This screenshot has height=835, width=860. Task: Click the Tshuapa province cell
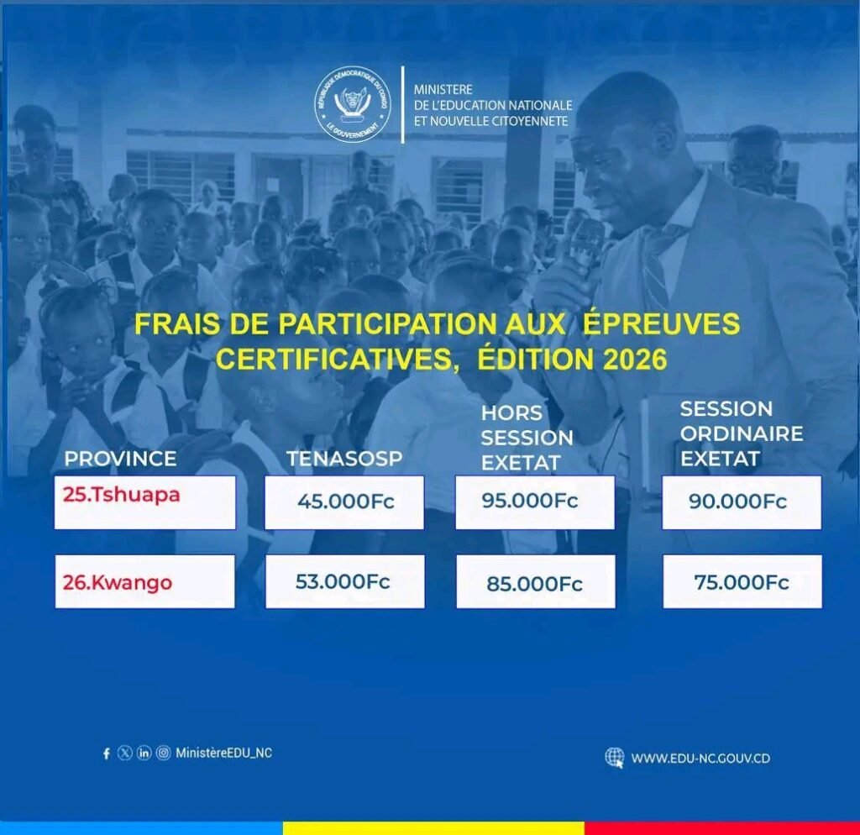[144, 502]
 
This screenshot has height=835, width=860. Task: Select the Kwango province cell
[144, 581]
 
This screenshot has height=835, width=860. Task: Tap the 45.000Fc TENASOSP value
[344, 502]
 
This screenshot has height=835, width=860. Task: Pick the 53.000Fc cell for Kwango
[345, 581]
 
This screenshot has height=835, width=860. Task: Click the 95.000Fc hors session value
[535, 502]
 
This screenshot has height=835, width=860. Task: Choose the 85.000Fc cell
[536, 581]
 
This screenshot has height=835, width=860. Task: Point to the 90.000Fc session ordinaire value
[742, 502]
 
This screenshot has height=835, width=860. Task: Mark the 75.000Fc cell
[742, 581]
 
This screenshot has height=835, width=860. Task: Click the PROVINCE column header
[120, 459]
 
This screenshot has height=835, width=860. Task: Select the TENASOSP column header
[344, 459]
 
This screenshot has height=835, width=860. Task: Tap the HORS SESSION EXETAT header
[527, 438]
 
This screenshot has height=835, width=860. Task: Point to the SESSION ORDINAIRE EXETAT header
[742, 433]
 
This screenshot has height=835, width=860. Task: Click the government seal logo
[353, 104]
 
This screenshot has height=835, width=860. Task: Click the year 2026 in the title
[635, 360]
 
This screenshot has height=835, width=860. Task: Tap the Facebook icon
[107, 754]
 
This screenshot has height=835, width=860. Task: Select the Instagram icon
[164, 753]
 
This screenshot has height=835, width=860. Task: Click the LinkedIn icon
[144, 753]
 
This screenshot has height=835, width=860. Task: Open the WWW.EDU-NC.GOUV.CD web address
[700, 759]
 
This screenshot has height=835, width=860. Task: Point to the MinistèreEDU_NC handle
[223, 753]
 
